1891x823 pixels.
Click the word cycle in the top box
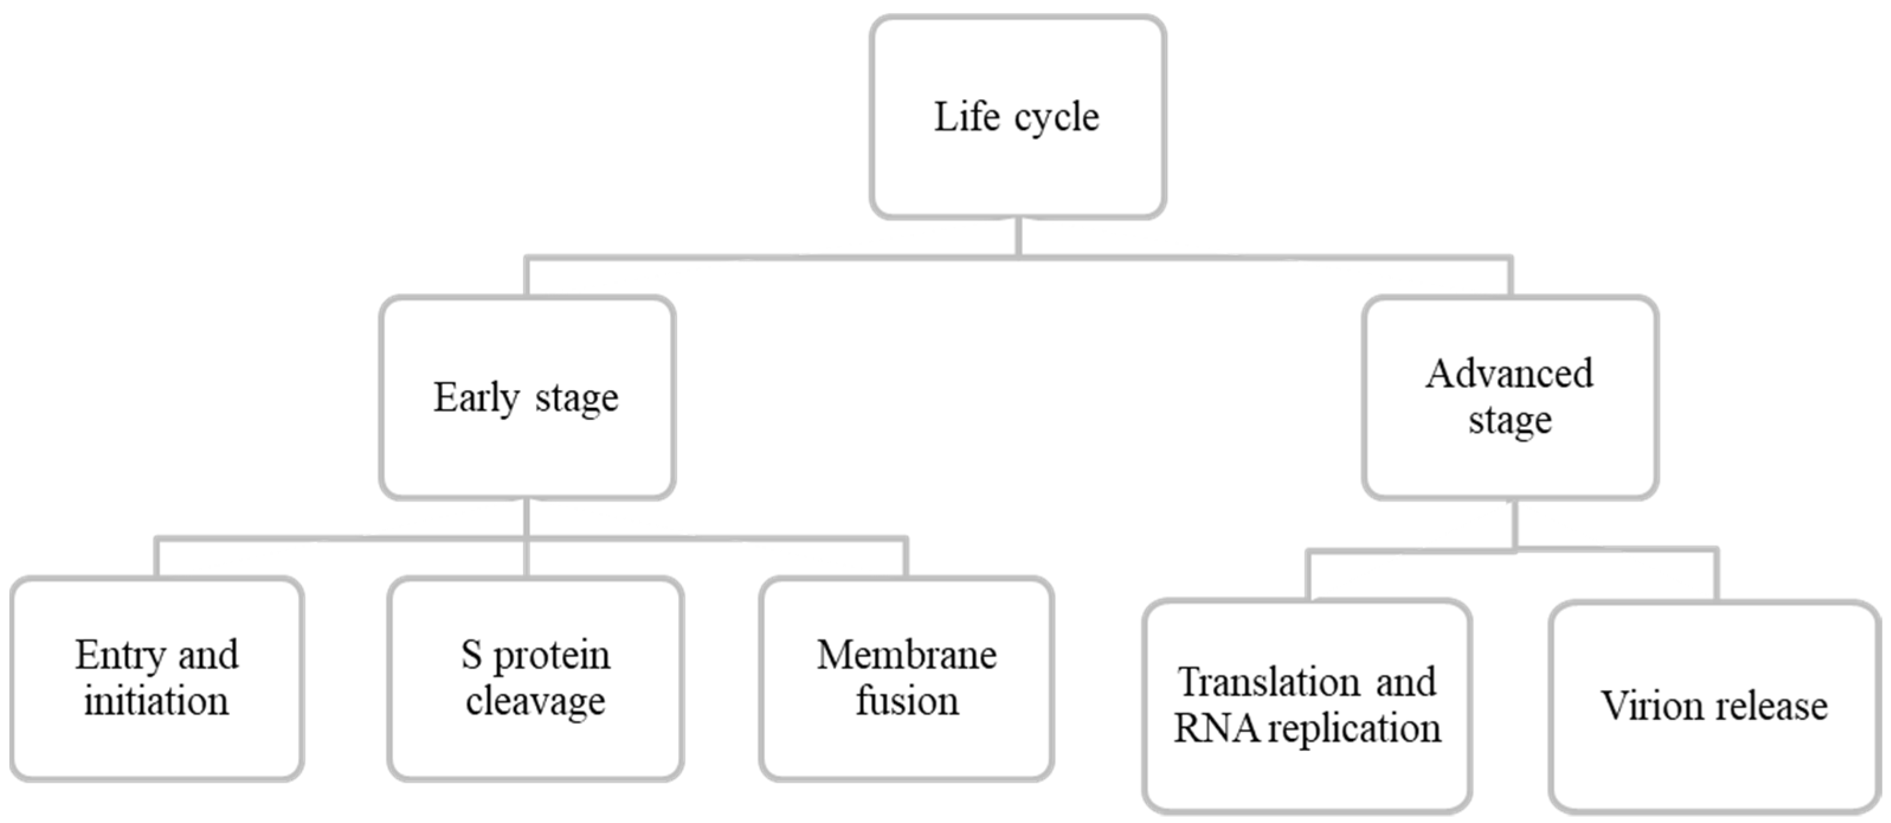1057,117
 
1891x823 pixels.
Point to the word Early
476,398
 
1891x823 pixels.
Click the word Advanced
1509,374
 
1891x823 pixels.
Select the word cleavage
535,701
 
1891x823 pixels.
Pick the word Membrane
907,655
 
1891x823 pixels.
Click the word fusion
907,701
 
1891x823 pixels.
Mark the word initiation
156,701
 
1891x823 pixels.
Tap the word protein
551,655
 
